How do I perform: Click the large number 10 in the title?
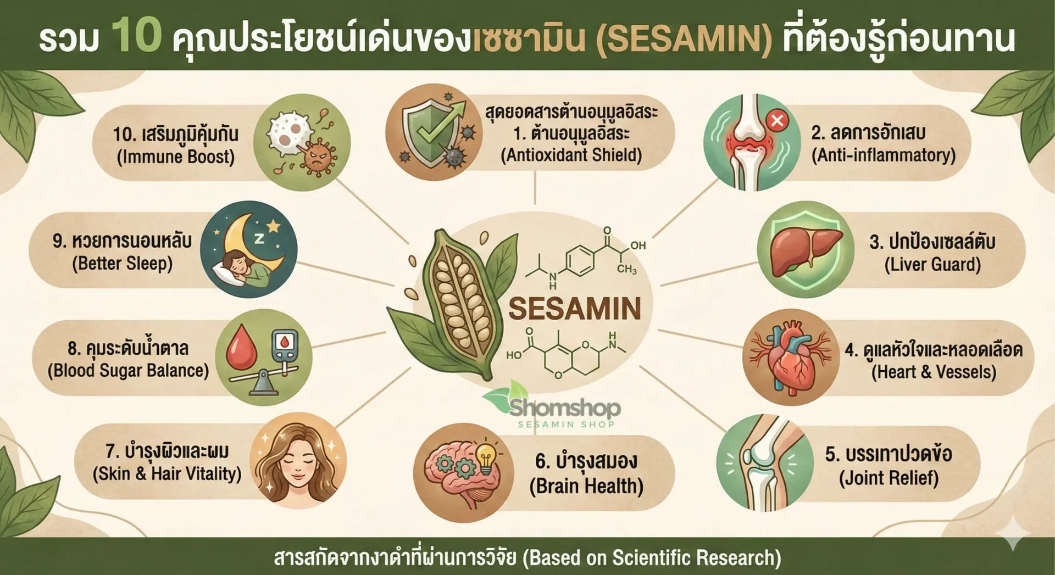(137, 35)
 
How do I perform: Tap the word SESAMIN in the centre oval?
(575, 308)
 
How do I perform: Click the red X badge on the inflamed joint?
(777, 120)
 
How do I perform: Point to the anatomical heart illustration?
(791, 357)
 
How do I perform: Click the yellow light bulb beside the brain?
(486, 458)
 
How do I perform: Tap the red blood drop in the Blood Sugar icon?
(242, 347)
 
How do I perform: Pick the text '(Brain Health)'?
(586, 486)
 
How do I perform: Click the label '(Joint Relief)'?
(889, 478)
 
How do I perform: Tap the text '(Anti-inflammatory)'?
(884, 155)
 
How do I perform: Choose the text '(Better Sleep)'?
(123, 264)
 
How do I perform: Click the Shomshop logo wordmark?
(565, 409)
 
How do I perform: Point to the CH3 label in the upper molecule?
(626, 269)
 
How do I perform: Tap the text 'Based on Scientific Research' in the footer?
(651, 557)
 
